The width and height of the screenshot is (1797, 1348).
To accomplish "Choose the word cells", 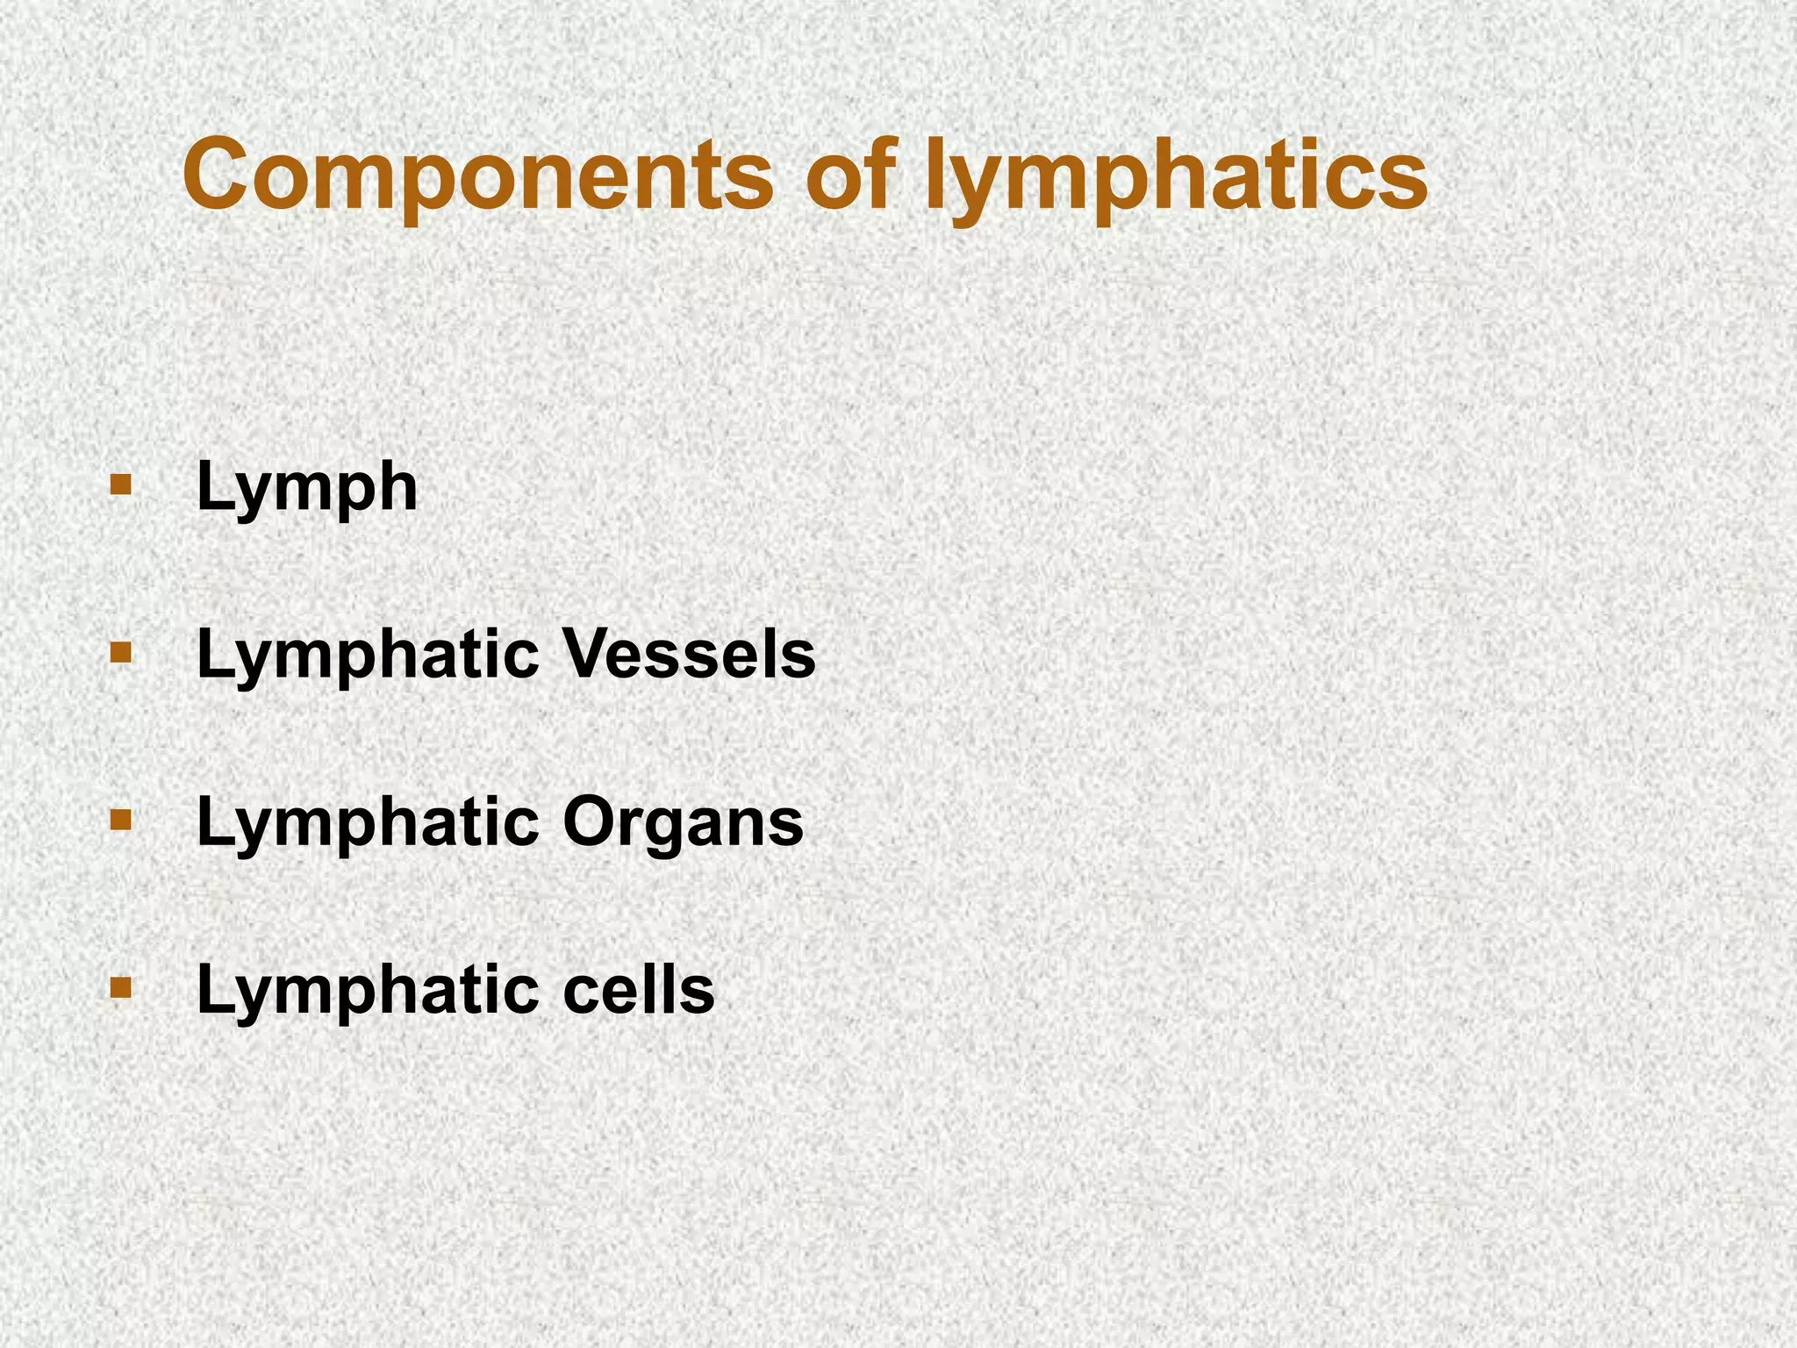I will point(638,990).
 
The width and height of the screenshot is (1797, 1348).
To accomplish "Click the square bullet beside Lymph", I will point(120,485).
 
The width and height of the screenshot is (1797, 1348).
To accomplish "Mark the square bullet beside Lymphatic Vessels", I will point(120,653).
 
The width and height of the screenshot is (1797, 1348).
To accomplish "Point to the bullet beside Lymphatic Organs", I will point(120,821).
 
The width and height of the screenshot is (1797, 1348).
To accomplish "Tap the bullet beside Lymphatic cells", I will point(120,988).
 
